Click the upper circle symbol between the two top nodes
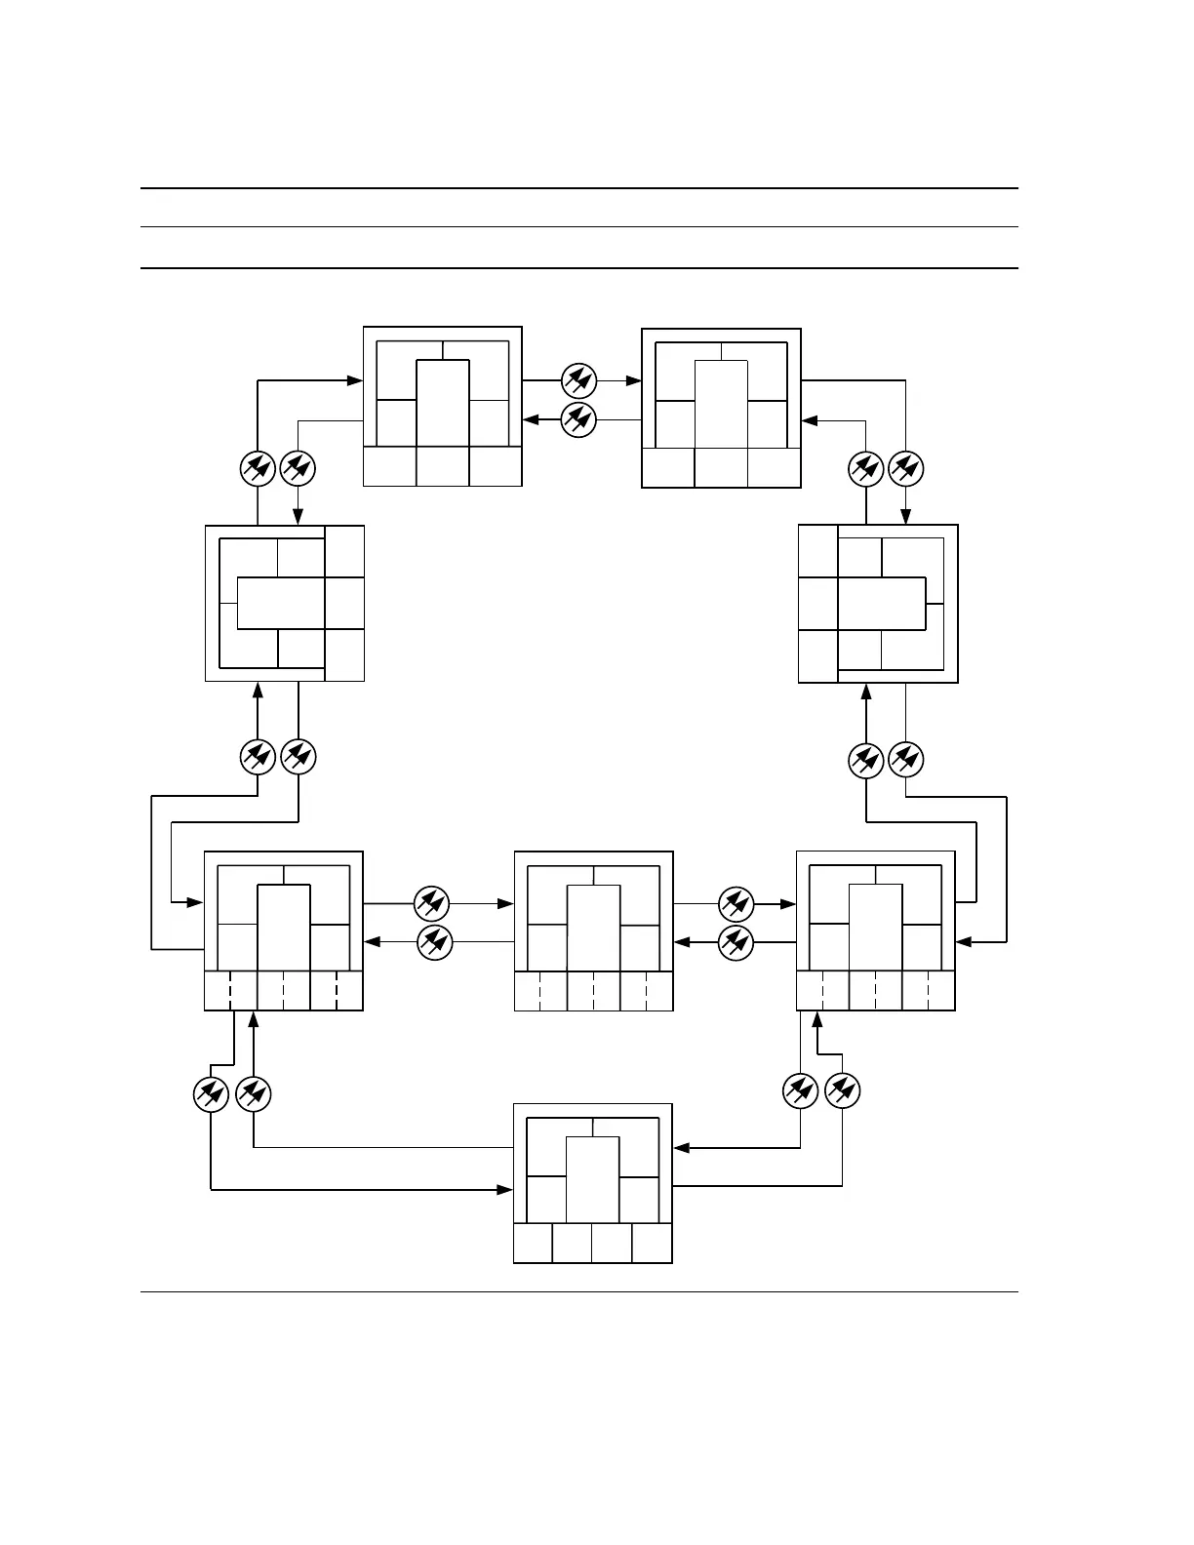click(x=579, y=379)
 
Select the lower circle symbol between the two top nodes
click(x=579, y=419)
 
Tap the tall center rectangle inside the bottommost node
click(x=593, y=1178)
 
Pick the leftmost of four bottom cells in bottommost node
click(x=533, y=1243)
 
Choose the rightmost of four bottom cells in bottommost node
click(x=652, y=1243)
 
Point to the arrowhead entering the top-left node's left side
click(x=356, y=379)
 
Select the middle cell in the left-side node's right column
click(x=344, y=603)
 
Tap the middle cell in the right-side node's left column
click(x=818, y=604)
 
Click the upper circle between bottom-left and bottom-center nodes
click(x=431, y=903)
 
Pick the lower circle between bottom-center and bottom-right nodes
click(x=736, y=942)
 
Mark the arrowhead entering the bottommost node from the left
click(x=506, y=1189)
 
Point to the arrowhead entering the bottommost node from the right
click(x=681, y=1148)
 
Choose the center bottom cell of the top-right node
click(x=721, y=467)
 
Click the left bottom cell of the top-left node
click(x=389, y=465)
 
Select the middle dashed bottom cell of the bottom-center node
click(x=593, y=991)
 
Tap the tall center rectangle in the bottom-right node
click(x=875, y=928)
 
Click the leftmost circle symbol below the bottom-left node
click(x=212, y=1093)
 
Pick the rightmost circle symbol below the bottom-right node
click(x=843, y=1090)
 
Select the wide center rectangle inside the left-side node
click(x=281, y=604)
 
